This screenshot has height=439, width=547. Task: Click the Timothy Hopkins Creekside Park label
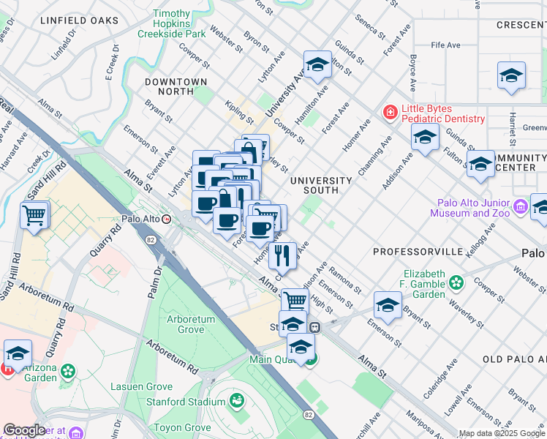click(x=180, y=23)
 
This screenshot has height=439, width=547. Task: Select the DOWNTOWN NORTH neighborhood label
click(x=176, y=82)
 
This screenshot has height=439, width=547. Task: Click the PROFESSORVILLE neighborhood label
click(x=418, y=252)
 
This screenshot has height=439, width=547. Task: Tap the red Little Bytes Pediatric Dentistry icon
click(x=391, y=112)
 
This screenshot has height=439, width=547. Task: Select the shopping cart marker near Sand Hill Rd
click(x=35, y=216)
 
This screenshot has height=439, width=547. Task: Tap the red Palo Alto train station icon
click(x=167, y=219)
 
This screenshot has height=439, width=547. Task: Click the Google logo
click(x=24, y=430)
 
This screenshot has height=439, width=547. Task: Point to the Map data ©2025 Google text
click(x=502, y=433)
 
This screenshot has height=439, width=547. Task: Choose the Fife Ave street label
click(x=445, y=45)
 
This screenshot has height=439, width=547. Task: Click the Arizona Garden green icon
click(x=68, y=371)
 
